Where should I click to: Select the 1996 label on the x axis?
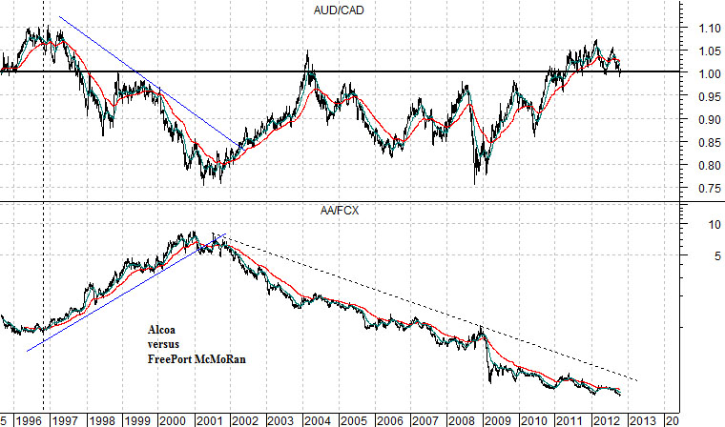click(28, 419)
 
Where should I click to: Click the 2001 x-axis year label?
click(208, 419)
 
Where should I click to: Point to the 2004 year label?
click(316, 419)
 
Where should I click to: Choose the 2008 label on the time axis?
click(460, 419)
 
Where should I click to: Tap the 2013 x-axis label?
click(640, 419)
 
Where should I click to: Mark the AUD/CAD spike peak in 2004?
click(308, 51)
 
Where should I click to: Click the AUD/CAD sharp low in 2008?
click(474, 183)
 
